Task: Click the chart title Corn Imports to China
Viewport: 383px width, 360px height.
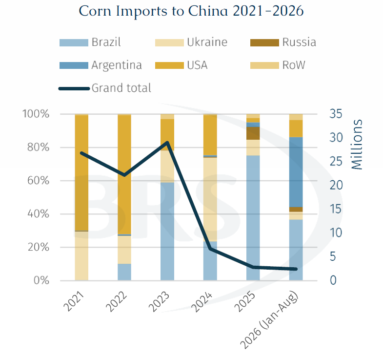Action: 191,11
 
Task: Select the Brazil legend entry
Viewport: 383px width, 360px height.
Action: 90,42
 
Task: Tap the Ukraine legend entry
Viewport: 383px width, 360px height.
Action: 191,42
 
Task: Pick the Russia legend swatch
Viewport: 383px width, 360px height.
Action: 264,43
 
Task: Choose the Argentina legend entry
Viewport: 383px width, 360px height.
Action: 101,65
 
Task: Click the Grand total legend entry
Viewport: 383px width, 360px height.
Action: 105,88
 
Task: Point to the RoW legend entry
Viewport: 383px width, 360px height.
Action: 278,65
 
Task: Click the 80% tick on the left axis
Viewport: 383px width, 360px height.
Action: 39,148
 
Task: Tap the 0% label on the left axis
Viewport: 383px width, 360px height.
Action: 41,280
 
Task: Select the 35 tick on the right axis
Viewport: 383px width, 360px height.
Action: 336,114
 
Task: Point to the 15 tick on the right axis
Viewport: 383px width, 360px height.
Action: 336,209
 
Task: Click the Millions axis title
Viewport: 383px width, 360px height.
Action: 357,145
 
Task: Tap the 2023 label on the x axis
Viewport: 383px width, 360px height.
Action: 159,302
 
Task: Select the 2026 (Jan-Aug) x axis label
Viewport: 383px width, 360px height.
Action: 270,320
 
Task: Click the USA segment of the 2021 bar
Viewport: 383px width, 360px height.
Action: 81,172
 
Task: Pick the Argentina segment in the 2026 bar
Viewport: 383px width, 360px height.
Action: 296,172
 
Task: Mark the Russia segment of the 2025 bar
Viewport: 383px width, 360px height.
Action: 253,133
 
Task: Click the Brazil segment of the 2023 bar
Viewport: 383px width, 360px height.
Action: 167,232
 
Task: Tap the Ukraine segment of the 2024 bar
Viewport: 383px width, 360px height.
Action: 210,200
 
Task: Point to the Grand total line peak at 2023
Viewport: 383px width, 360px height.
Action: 167,142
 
